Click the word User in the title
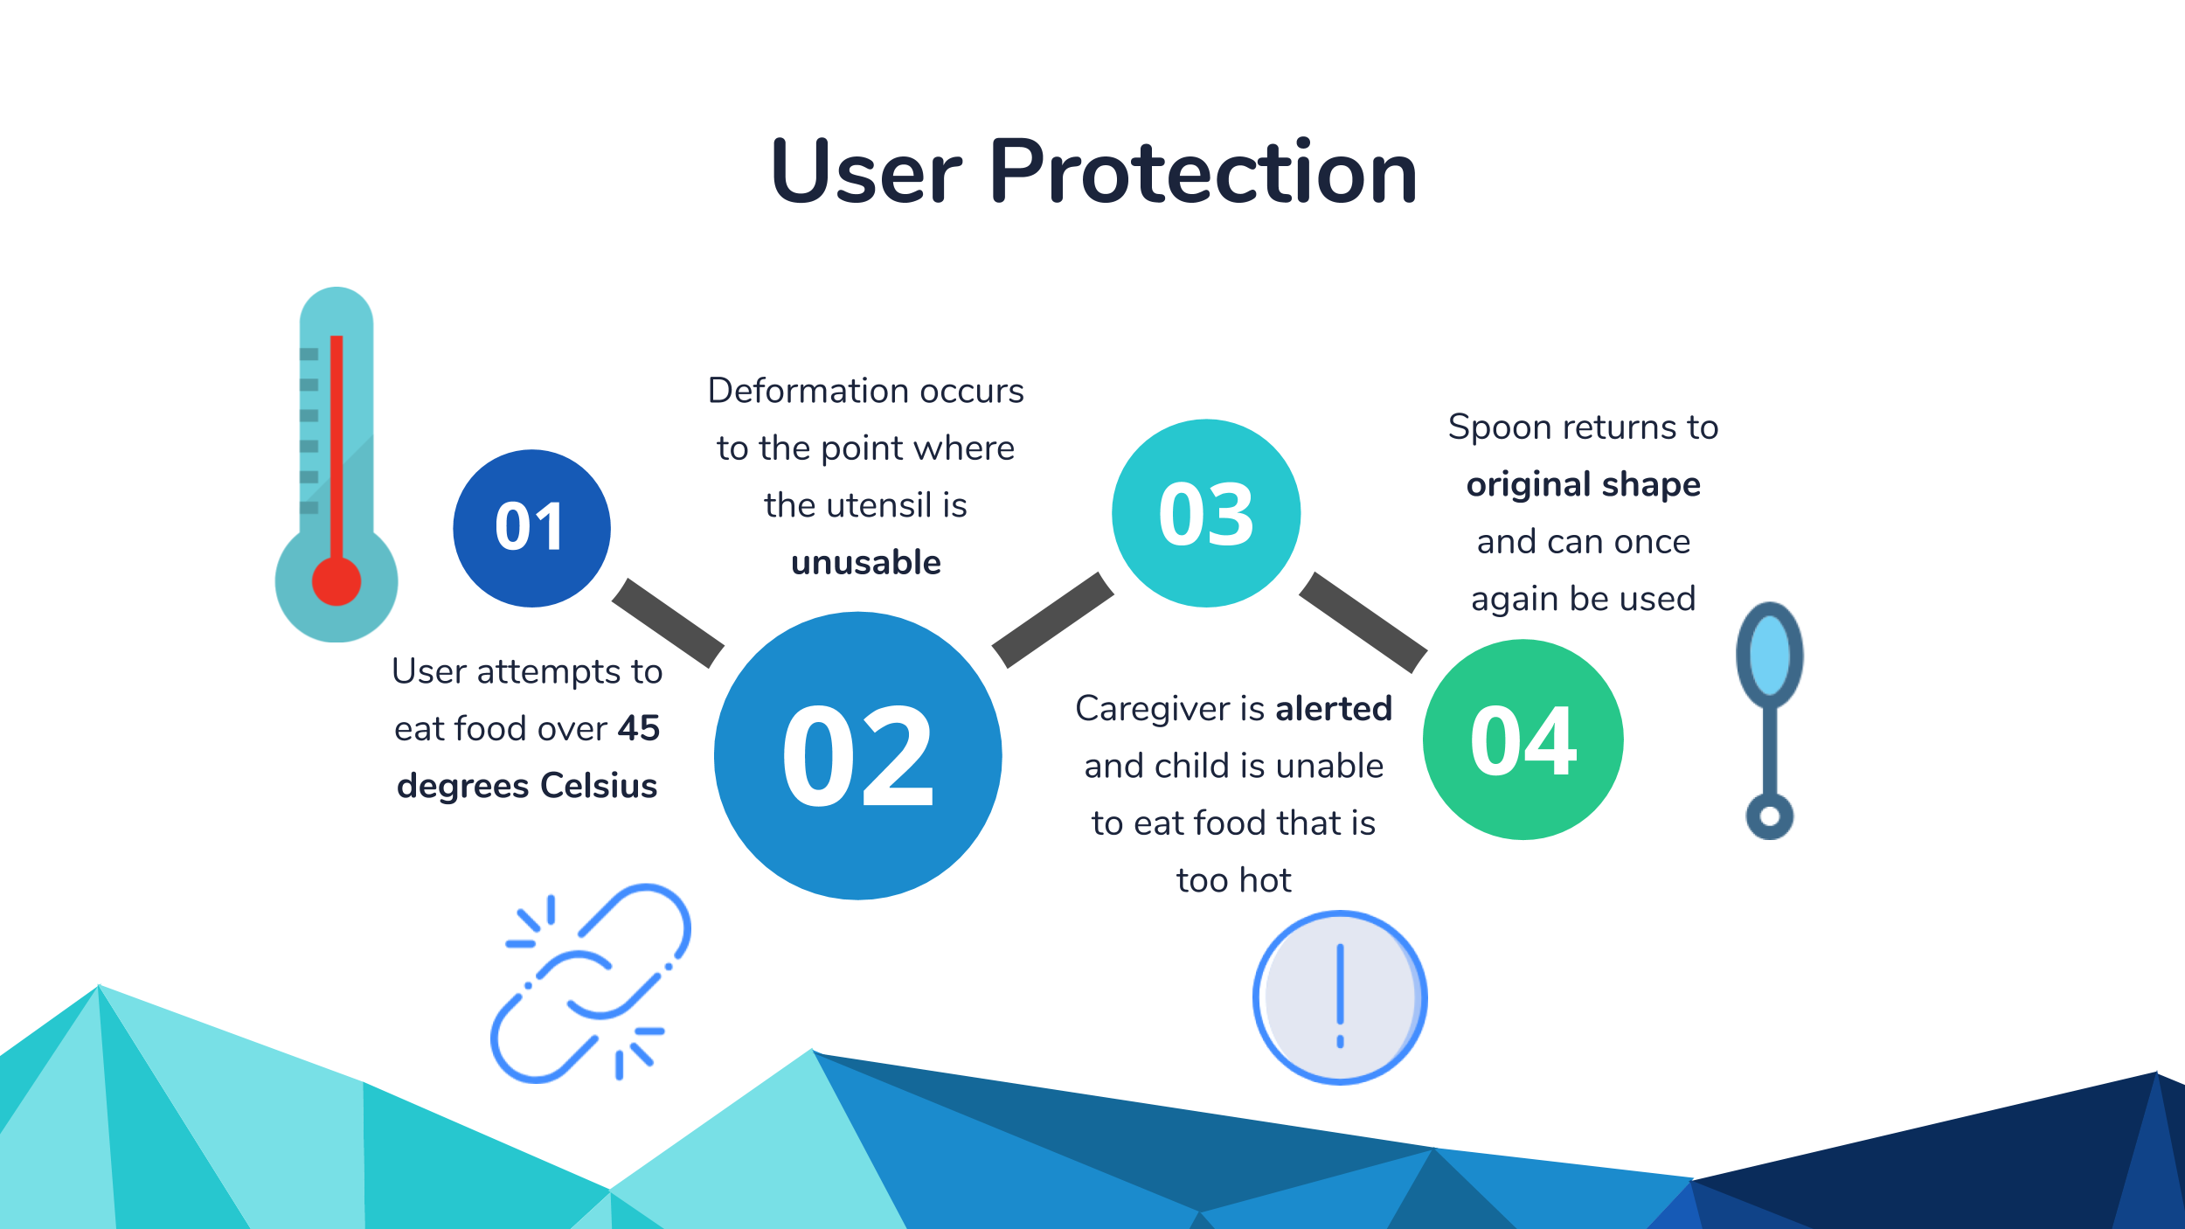(x=865, y=172)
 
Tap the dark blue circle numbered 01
(x=531, y=528)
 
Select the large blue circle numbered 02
(x=857, y=755)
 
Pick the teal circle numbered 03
(x=1206, y=513)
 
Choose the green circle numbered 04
(x=1523, y=739)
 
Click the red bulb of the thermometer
(x=336, y=581)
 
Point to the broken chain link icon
(x=591, y=984)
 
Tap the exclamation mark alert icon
(x=1340, y=997)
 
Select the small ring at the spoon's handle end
(x=1770, y=816)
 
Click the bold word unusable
(x=865, y=563)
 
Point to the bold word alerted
(x=1333, y=708)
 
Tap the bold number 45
(x=639, y=728)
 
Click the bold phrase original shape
(x=1583, y=484)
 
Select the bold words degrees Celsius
(x=527, y=786)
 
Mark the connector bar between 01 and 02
(x=668, y=622)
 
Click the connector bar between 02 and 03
(x=1053, y=620)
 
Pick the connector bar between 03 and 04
(x=1363, y=622)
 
